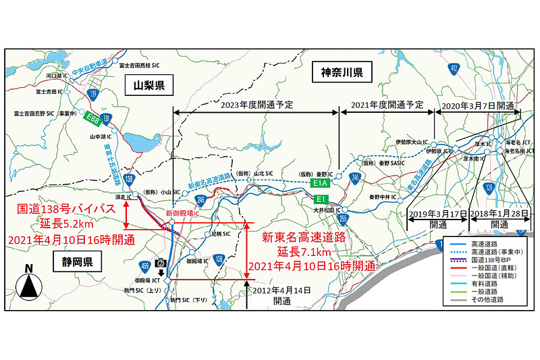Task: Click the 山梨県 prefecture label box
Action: tap(148, 85)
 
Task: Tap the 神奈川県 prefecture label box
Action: tap(342, 72)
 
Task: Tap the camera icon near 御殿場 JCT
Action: tap(161, 262)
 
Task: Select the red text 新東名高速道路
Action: tap(303, 236)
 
